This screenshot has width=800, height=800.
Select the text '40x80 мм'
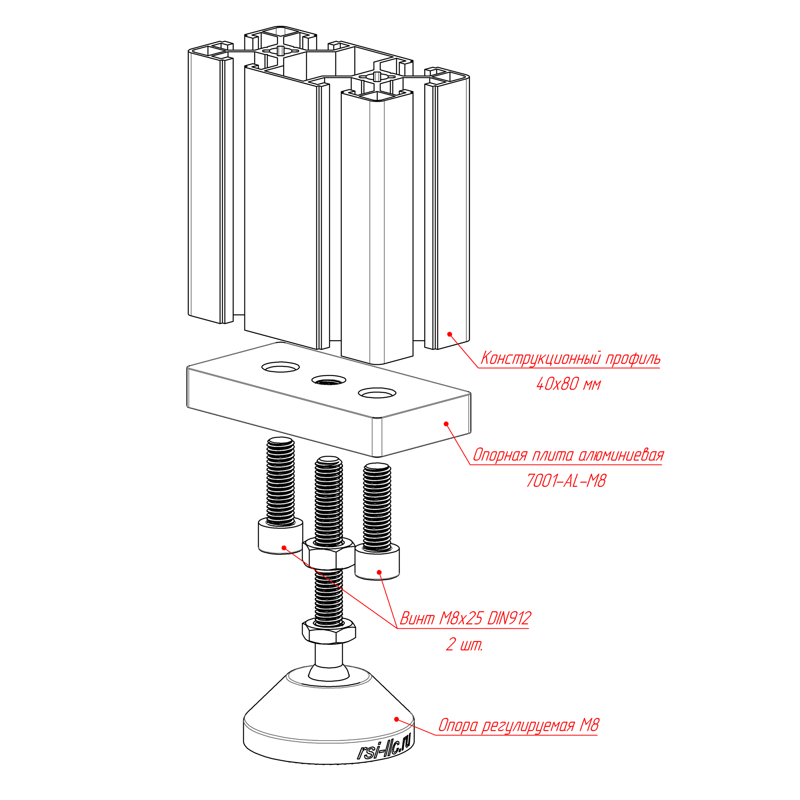pos(568,385)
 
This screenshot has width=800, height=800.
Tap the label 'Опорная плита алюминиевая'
pos(568,455)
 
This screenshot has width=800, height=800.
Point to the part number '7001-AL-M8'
pos(566,481)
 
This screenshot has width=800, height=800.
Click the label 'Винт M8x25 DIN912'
pos(465,619)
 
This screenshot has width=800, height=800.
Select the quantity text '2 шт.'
pos(464,645)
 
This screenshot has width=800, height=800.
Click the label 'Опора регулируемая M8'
pos(518,726)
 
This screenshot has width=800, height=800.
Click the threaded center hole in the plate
pos(329,380)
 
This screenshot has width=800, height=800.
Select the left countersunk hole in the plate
pos(281,366)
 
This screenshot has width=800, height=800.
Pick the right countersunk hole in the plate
pos(377,393)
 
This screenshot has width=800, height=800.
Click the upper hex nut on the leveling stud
pos(328,554)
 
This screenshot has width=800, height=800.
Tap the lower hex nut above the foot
pos(329,631)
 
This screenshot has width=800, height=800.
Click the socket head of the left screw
pos(280,537)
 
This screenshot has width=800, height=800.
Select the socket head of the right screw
pos(377,562)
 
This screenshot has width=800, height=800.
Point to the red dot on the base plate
pos(446,423)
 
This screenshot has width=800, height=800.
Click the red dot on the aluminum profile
pos(449,334)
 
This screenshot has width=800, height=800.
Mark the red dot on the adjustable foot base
pos(396,719)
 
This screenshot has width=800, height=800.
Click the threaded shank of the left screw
pos(280,480)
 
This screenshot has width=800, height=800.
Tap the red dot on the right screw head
pos(379,572)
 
